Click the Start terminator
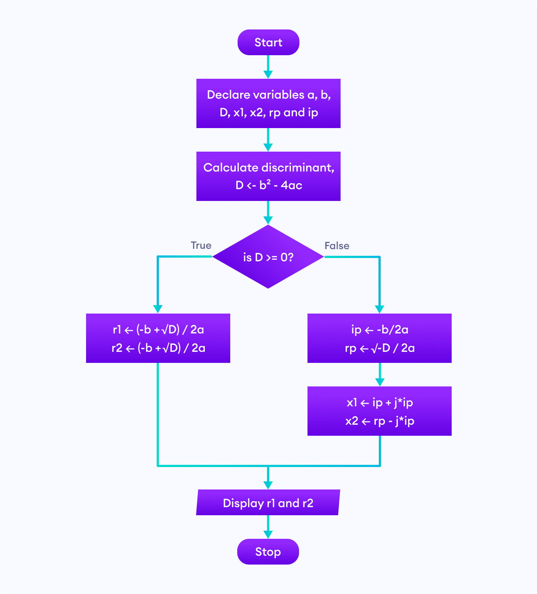268,42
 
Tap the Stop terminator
268,551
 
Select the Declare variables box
268,103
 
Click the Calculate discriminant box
268,176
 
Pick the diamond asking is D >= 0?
268,257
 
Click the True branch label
201,245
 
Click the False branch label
337,246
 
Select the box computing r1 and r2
158,338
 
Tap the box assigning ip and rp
379,338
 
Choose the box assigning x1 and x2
379,411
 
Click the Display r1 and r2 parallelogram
268,502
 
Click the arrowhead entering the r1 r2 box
158,309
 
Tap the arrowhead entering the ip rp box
380,309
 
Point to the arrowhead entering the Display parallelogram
268,485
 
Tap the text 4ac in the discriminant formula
291,185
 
